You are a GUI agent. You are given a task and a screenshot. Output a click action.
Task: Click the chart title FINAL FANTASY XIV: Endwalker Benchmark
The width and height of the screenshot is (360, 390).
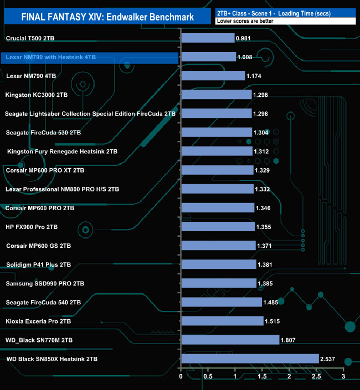tap(107, 17)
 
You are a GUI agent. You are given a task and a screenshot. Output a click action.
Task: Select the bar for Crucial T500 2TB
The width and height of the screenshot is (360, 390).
tap(208, 38)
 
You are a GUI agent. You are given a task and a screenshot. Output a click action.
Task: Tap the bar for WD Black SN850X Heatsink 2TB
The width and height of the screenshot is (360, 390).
tap(250, 359)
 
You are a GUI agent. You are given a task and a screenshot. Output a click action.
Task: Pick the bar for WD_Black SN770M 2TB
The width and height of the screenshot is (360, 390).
tap(230, 340)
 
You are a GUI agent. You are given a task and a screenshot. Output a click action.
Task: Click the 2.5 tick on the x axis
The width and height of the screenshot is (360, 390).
tap(316, 377)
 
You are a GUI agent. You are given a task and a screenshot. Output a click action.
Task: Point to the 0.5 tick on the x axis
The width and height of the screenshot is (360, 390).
tap(208, 377)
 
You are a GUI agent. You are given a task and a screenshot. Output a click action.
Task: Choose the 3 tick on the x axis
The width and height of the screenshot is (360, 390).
tap(343, 377)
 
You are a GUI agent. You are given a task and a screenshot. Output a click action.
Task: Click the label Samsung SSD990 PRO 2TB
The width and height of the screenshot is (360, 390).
tap(45, 283)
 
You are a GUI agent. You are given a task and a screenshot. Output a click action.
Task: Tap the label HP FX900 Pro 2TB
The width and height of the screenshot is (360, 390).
tap(32, 227)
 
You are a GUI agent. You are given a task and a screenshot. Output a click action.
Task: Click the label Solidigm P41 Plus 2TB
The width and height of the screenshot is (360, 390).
tap(38, 264)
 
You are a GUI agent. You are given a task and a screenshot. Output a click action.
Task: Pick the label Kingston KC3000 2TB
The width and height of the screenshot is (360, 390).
tap(36, 95)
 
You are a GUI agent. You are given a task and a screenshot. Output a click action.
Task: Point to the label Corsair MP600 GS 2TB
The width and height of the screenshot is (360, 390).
tap(38, 246)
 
